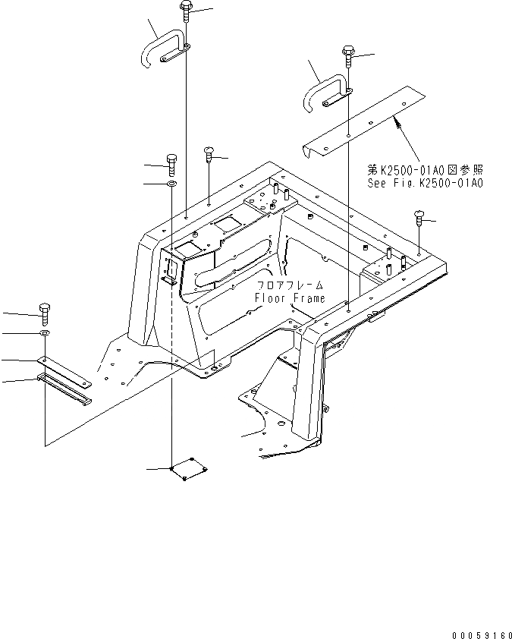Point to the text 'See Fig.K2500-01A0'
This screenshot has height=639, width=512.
426,184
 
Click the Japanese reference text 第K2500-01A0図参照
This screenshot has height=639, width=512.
425,171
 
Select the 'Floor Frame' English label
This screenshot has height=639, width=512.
290,298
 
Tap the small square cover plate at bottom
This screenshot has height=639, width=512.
190,469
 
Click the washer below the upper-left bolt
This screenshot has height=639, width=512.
171,184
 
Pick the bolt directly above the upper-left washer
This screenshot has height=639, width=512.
171,161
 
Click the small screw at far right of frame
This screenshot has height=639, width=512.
419,219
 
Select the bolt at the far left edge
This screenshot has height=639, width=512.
43,310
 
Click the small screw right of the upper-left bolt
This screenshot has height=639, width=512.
209,156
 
